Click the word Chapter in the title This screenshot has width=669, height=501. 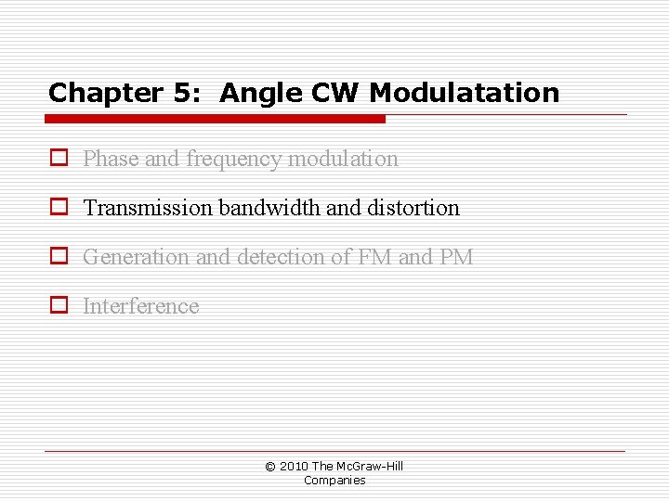[91, 93]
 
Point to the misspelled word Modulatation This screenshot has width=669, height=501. [465, 93]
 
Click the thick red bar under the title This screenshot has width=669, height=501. [216, 119]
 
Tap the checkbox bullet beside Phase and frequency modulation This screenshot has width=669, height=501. [58, 159]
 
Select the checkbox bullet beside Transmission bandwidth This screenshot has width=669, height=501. [58, 208]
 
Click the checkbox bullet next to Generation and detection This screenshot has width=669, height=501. [58, 257]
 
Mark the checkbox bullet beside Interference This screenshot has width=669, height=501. [58, 306]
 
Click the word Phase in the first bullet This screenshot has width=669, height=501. [111, 159]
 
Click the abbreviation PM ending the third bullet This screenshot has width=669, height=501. [457, 257]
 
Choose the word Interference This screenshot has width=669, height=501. [141, 306]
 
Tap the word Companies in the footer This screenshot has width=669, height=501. [334, 481]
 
